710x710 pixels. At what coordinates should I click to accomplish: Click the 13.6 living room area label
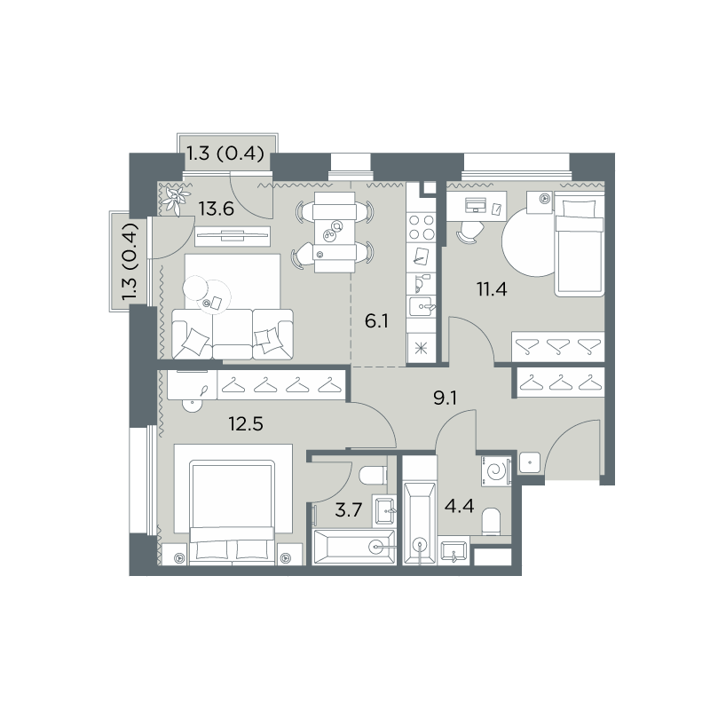pyautogui.click(x=217, y=209)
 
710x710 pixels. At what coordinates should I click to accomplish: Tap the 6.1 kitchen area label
pyautogui.click(x=376, y=322)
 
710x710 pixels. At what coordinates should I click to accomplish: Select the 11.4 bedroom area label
pyautogui.click(x=492, y=288)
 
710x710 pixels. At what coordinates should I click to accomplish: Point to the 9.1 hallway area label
pyautogui.click(x=446, y=398)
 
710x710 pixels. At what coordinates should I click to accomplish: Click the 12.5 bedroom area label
pyautogui.click(x=246, y=424)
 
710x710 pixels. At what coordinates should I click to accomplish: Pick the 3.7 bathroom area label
pyautogui.click(x=348, y=510)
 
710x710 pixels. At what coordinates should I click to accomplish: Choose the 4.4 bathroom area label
pyautogui.click(x=459, y=506)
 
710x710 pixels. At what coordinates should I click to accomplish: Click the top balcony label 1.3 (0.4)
pyautogui.click(x=225, y=154)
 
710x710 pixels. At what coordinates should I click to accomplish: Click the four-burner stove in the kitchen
pyautogui.click(x=421, y=227)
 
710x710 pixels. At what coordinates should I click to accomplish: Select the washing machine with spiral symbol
pyautogui.click(x=496, y=471)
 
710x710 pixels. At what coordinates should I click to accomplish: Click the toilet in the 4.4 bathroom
pyautogui.click(x=492, y=522)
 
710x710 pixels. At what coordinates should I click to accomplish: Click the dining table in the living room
pyautogui.click(x=335, y=232)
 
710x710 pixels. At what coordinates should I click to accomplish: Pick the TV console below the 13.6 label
pyautogui.click(x=233, y=236)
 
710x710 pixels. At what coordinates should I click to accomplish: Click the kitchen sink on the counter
pyautogui.click(x=421, y=307)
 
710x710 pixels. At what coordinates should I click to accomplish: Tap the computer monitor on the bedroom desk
pyautogui.click(x=475, y=205)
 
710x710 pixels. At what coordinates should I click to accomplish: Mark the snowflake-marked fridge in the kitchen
pyautogui.click(x=421, y=348)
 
